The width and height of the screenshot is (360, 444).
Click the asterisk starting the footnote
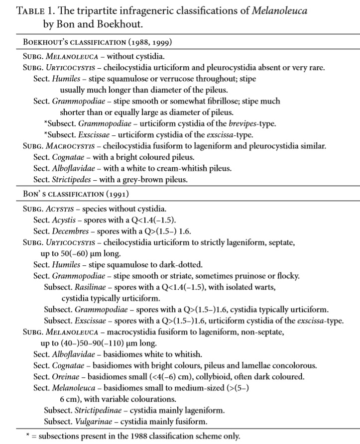point(28,436)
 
